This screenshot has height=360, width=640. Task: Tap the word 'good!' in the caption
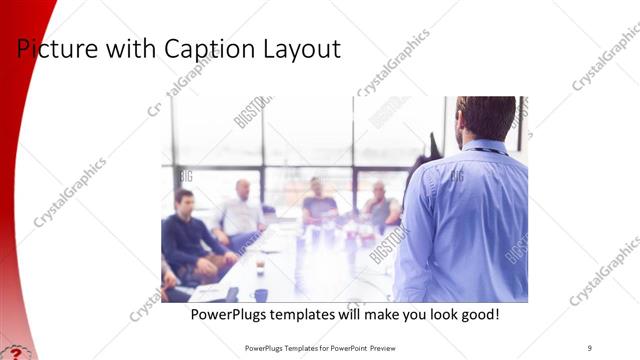pyautogui.click(x=477, y=315)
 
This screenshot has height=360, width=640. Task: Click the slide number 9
pyautogui.click(x=590, y=347)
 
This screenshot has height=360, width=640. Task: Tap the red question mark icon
pyautogui.click(x=14, y=353)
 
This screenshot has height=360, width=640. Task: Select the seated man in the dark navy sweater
pyautogui.click(x=190, y=235)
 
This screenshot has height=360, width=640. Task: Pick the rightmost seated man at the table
pyautogui.click(x=380, y=205)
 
